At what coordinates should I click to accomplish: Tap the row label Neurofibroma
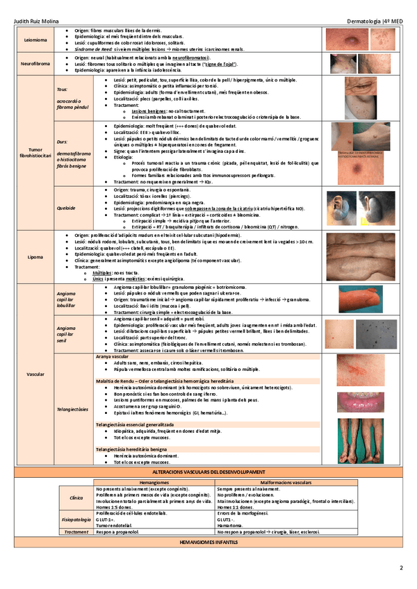(x=36, y=63)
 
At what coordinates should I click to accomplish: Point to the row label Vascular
(x=35, y=374)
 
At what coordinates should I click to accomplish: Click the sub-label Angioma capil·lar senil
(x=69, y=331)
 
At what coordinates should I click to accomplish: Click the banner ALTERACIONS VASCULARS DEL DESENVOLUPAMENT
(x=208, y=472)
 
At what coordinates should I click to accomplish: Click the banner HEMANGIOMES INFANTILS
(x=208, y=540)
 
